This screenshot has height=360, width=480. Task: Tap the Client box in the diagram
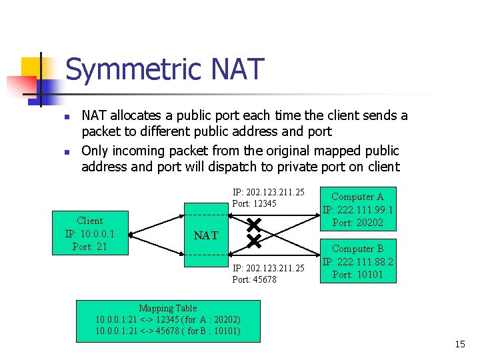tap(90, 234)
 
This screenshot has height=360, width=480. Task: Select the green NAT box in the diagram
tap(206, 235)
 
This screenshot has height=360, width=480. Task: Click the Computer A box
tap(357, 209)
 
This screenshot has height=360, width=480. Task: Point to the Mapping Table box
tap(168, 321)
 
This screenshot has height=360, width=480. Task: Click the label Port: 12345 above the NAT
tap(254, 203)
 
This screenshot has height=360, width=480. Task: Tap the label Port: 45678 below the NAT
tap(254, 279)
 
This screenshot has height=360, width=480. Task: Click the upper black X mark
tap(254, 224)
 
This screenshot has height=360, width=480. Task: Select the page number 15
tap(459, 344)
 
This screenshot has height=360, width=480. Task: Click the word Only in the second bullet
tap(95, 151)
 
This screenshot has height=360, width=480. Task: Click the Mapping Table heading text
tap(167, 309)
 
